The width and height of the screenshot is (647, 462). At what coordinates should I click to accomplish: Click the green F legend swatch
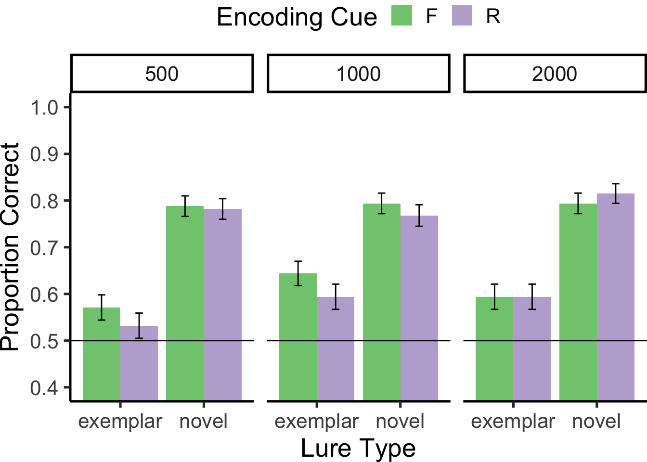[x=401, y=15]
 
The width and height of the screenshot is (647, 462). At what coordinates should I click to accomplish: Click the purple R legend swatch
[x=462, y=15]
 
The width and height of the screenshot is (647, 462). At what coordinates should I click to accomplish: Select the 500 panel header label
[x=162, y=74]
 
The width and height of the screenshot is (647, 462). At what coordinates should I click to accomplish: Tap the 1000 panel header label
[x=358, y=74]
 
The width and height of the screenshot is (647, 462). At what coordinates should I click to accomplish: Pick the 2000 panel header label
[x=555, y=74]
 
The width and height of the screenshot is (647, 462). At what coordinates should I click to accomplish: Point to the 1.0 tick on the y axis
[x=44, y=107]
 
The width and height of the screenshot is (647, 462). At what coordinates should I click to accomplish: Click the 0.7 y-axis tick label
[x=44, y=248]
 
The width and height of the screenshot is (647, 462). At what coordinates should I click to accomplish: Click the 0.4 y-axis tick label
[x=44, y=388]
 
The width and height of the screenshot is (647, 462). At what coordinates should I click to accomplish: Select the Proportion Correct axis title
[x=11, y=246]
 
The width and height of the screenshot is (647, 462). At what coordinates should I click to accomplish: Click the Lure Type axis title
[x=358, y=448]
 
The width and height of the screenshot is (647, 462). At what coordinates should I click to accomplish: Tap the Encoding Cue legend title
[x=297, y=17]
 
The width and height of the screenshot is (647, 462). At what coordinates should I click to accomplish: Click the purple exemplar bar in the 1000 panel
[x=336, y=348]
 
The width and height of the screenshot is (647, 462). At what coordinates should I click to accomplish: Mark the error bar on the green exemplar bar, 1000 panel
[x=298, y=273]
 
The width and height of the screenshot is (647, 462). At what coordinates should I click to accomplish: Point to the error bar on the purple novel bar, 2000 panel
[x=616, y=193]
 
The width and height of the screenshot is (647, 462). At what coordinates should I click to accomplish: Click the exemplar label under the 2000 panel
[x=513, y=422]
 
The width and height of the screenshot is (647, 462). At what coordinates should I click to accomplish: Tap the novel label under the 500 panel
[x=203, y=422]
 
